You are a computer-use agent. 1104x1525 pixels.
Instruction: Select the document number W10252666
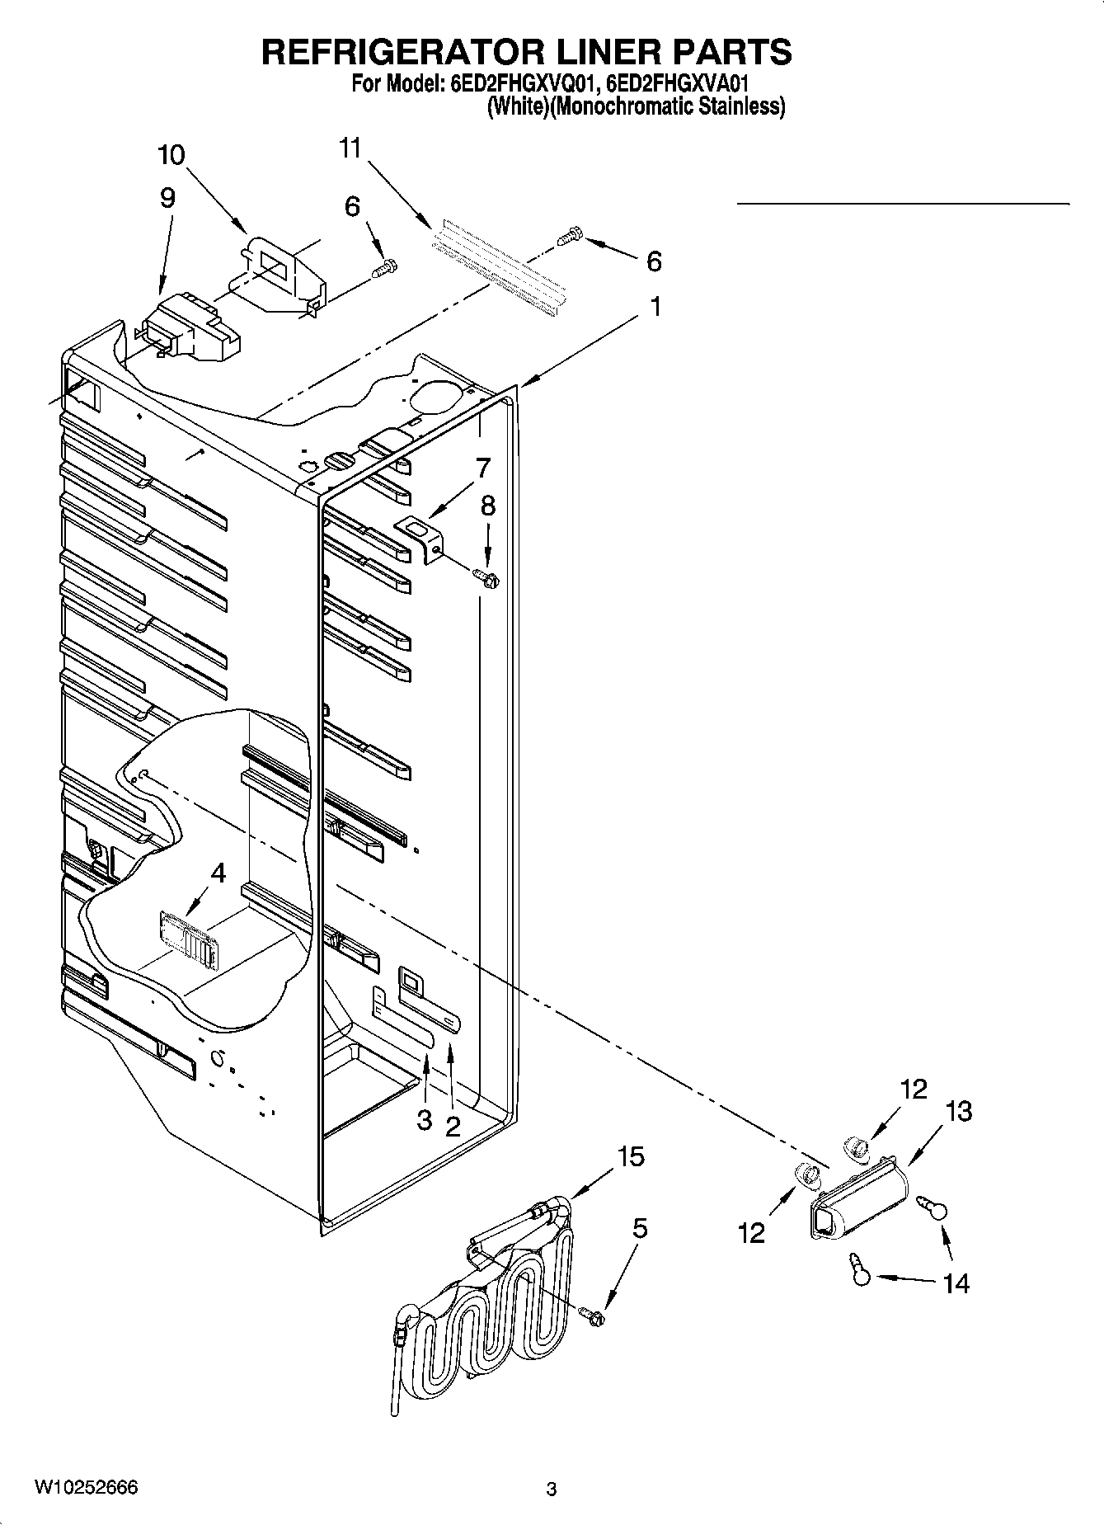coord(86,1487)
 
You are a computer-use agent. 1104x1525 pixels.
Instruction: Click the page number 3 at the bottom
coord(552,1490)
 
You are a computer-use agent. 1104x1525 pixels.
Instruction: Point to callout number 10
coord(171,155)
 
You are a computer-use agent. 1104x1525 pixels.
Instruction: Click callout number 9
coord(167,198)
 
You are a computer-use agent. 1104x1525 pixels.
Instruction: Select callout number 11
coord(350,148)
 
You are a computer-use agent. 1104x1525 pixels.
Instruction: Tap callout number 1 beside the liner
coord(655,307)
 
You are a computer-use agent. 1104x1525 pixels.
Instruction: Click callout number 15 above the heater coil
coord(631,1156)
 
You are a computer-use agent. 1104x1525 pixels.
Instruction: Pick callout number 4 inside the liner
coord(218,873)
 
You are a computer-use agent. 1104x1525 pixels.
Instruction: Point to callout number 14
coord(956,1283)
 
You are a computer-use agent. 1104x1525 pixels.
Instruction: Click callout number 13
coord(958,1111)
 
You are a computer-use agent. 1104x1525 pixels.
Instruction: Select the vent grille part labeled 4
coord(188,940)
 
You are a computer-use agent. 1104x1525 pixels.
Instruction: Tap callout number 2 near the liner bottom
coord(453,1127)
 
